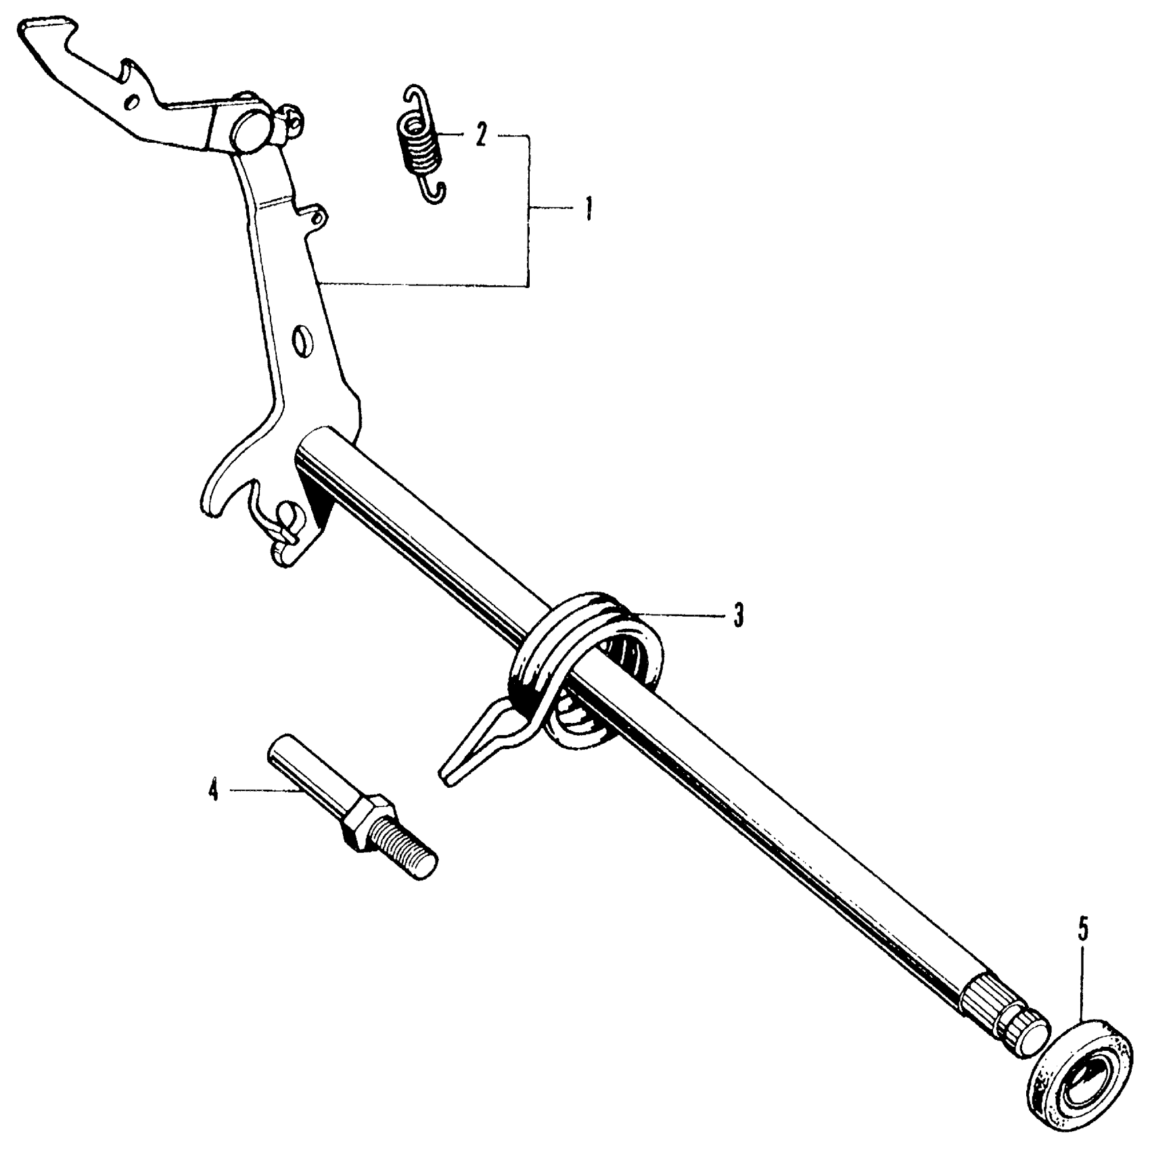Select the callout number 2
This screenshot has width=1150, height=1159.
(x=481, y=135)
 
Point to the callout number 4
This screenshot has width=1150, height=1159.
(x=214, y=789)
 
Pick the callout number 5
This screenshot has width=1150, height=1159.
(x=1083, y=930)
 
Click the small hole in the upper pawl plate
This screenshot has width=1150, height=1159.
(x=133, y=102)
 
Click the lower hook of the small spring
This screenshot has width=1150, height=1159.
(x=436, y=192)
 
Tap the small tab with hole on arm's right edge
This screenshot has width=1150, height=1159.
(x=317, y=217)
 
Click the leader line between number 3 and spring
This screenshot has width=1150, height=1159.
(x=683, y=615)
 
